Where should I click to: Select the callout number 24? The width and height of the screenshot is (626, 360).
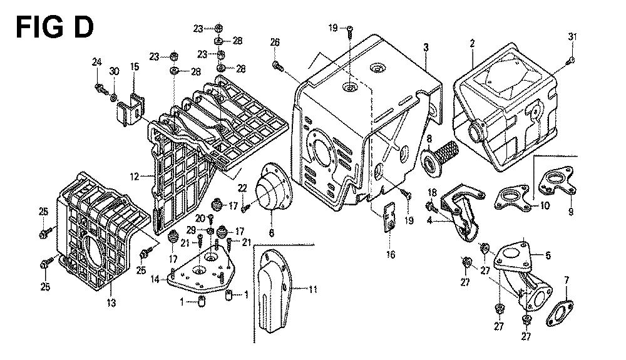[96, 61]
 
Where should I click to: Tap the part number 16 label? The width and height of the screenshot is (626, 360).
[390, 255]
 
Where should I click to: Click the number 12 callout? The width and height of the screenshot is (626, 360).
[134, 177]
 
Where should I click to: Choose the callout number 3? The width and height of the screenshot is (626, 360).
[425, 47]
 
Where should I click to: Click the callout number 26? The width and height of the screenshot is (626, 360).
[274, 42]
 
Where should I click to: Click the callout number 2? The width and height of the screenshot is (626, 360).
[472, 43]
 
